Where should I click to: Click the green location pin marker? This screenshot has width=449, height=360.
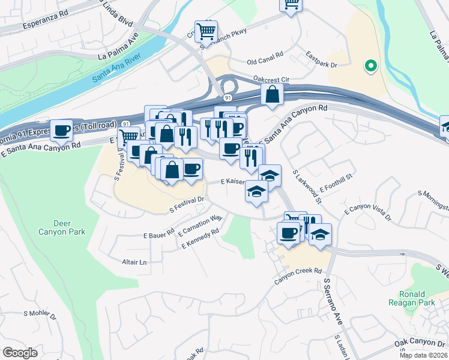click(x=371, y=66)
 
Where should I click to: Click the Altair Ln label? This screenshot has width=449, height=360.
click(x=134, y=262)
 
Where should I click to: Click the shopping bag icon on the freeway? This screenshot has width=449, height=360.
click(x=272, y=94)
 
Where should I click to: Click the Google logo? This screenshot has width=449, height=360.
click(x=20, y=353)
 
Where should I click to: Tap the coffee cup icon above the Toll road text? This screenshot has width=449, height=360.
click(x=62, y=130)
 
